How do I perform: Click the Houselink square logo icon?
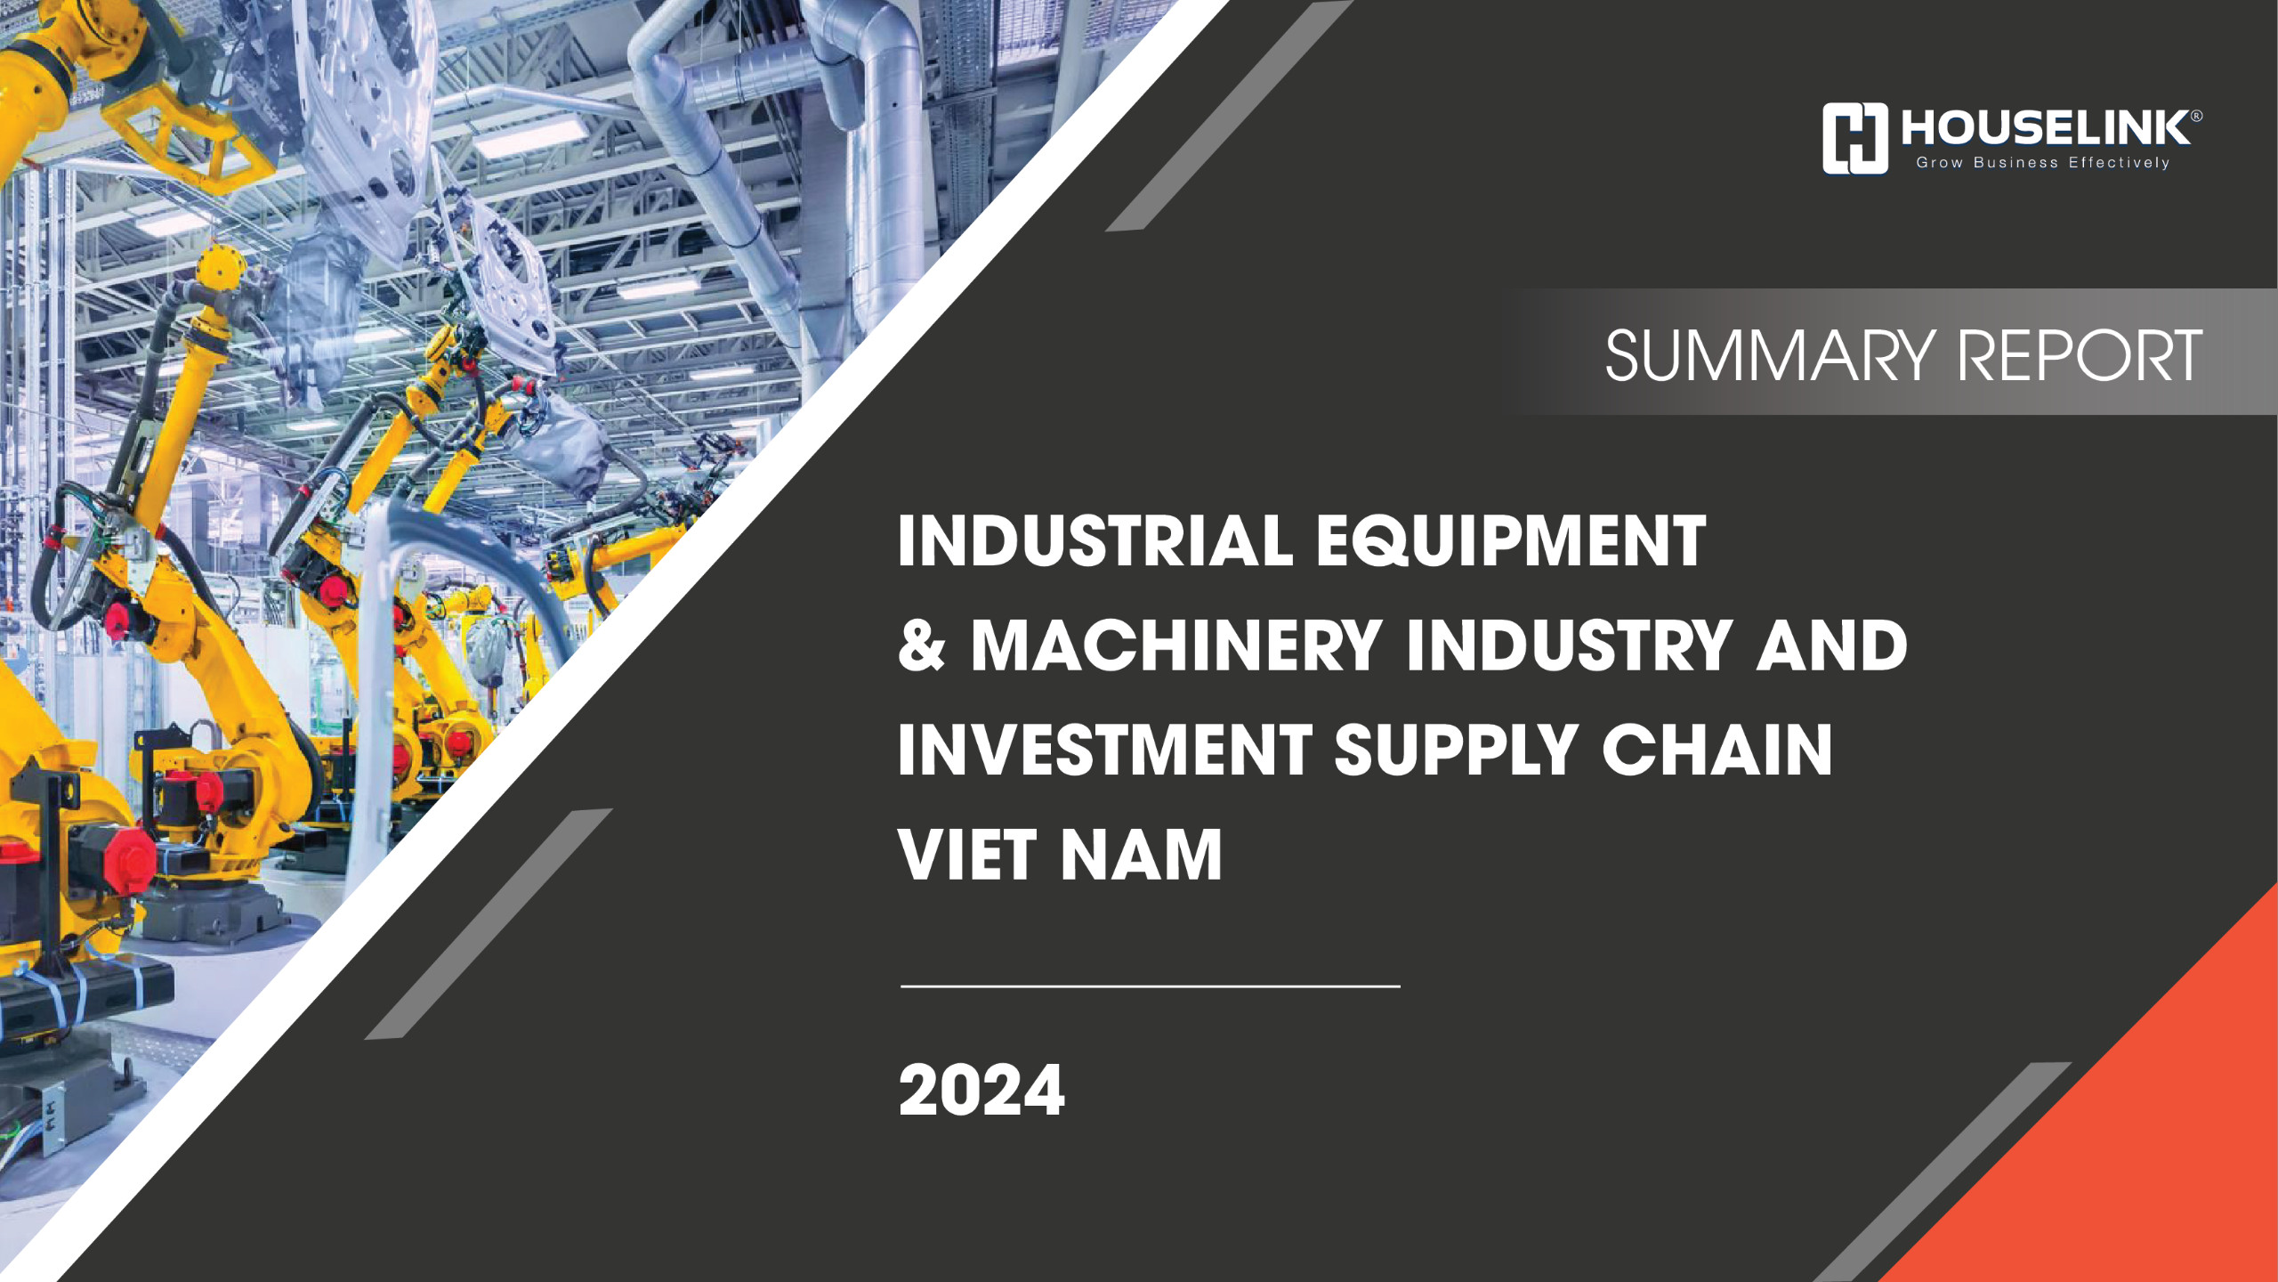[x=1854, y=138]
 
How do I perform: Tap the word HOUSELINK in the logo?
[x=2045, y=128]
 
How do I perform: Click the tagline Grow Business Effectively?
[x=2042, y=163]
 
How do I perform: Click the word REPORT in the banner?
[x=2080, y=356]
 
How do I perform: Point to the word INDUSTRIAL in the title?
[x=1095, y=541]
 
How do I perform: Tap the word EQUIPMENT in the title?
[x=1511, y=541]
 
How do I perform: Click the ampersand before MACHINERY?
[x=921, y=645]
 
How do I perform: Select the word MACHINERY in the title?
[x=1175, y=645]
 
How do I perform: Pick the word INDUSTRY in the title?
[x=1569, y=645]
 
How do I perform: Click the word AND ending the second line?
[x=1832, y=645]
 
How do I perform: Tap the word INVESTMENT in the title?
[x=1104, y=751]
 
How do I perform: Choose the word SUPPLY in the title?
[x=1456, y=751]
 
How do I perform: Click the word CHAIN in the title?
[x=1717, y=751]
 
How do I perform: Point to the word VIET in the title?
[x=967, y=855]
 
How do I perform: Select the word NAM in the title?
[x=1142, y=855]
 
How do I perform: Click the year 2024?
[x=981, y=1091]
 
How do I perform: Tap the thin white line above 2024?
[x=1150, y=986]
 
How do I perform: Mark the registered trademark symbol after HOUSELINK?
[x=2196, y=116]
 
